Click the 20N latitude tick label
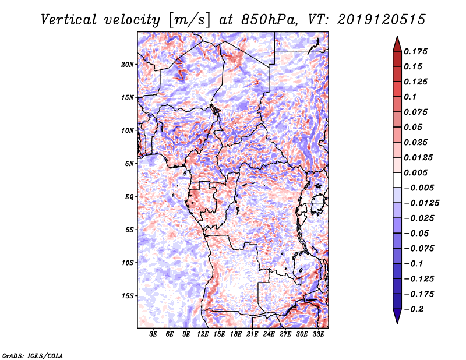(x=128, y=64)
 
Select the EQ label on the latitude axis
(x=129, y=197)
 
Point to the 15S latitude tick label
(x=128, y=296)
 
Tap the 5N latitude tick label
(x=129, y=164)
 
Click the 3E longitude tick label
(x=154, y=335)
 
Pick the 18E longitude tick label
(x=236, y=335)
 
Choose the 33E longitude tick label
(x=318, y=335)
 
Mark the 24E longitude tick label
(x=269, y=335)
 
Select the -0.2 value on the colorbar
(x=415, y=309)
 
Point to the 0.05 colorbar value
(x=414, y=127)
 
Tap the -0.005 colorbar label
(x=417, y=188)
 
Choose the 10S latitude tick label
(x=128, y=263)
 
